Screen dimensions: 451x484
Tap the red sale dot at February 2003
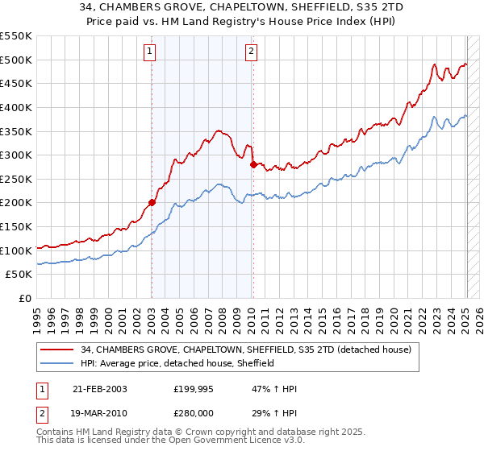click(x=152, y=203)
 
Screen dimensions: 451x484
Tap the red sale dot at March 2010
click(x=253, y=164)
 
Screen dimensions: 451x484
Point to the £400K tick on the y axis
click(x=18, y=107)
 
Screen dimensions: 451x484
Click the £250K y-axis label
click(x=18, y=179)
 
